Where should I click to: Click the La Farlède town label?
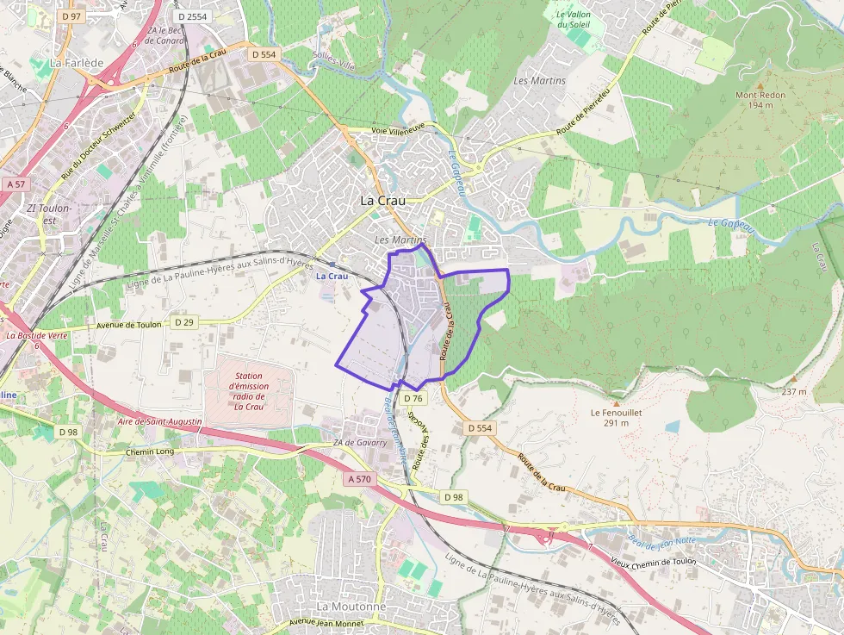[77, 63]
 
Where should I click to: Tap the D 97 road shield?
[71, 16]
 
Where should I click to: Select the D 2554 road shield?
[191, 16]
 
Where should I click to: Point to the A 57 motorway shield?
[16, 184]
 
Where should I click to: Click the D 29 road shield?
[183, 322]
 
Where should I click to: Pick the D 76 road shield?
[413, 398]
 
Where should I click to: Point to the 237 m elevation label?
[794, 392]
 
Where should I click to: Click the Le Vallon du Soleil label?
[573, 19]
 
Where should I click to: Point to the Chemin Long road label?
[150, 451]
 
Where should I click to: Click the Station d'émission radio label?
[248, 391]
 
